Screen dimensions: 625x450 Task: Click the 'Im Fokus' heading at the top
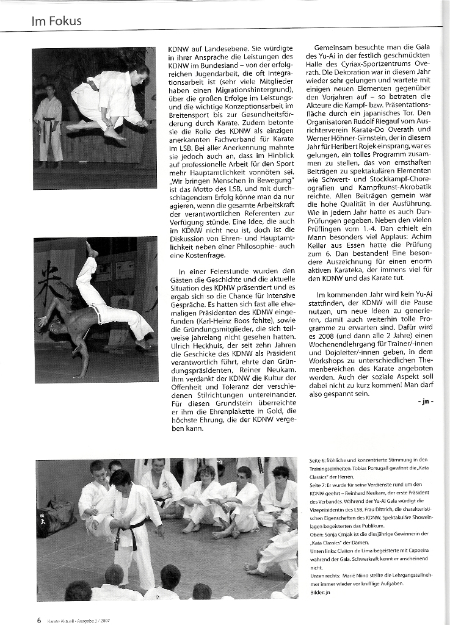pos(56,21)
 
